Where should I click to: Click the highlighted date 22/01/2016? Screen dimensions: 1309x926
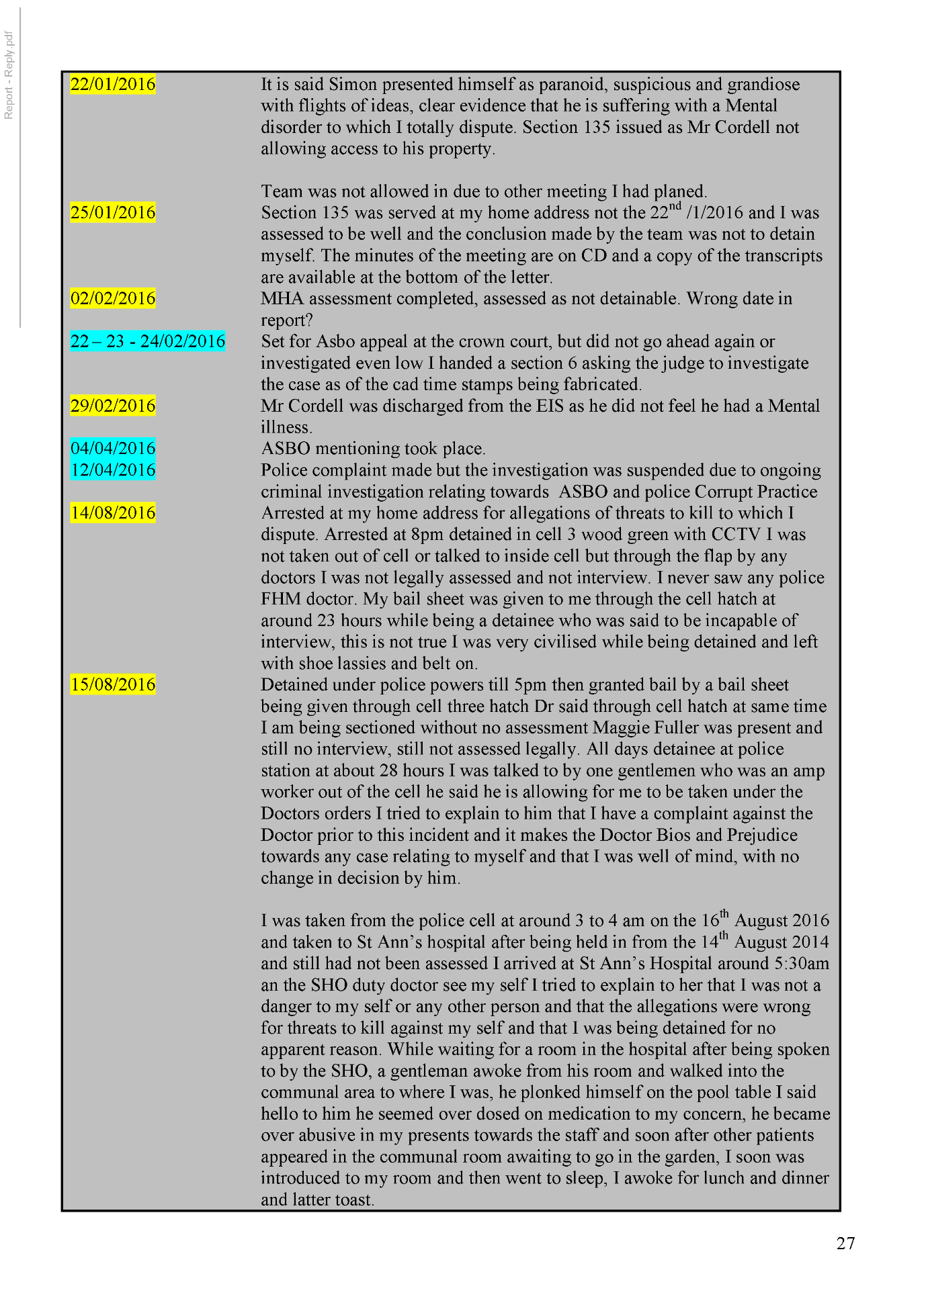tap(113, 85)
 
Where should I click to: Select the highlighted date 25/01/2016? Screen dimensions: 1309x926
tap(113, 213)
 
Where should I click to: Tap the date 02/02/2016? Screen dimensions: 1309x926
tap(113, 299)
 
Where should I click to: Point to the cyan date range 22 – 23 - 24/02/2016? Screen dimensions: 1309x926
tap(147, 342)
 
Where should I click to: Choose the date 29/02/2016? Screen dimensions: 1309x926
tap(113, 406)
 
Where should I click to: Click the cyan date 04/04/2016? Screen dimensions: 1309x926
tap(113, 449)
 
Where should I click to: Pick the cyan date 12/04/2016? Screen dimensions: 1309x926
tap(113, 470)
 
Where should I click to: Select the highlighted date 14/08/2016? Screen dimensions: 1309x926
tap(113, 513)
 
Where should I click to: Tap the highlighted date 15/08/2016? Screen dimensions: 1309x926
tap(113, 685)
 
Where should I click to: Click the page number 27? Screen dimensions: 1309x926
tap(845, 1244)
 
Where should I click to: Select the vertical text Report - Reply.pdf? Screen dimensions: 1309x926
tap(9, 75)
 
